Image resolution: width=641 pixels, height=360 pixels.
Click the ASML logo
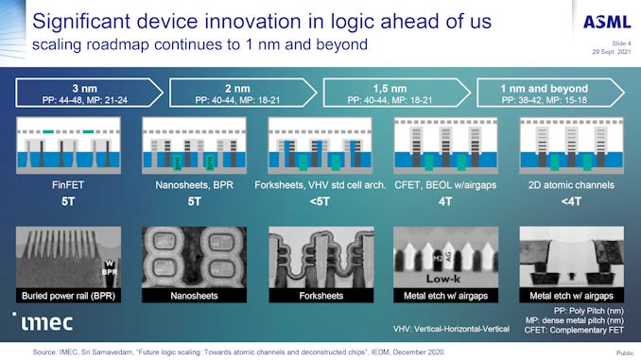pos(599,22)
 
